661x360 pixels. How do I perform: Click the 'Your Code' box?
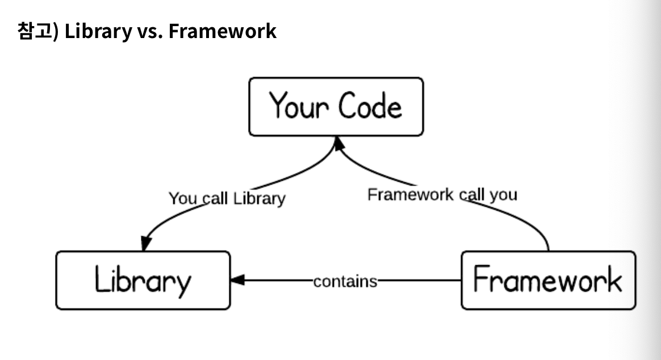coord(336,107)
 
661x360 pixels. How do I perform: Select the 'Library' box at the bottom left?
coord(143,281)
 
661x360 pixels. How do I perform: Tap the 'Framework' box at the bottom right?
coord(549,281)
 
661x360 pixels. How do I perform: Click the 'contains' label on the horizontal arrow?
coord(345,281)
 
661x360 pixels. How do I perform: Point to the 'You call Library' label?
coord(227,199)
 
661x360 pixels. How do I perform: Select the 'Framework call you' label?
coord(442,195)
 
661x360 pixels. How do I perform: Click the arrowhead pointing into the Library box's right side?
coord(237,280)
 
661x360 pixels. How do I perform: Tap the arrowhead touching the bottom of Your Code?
coord(338,143)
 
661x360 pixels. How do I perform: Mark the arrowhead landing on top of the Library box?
coord(146,244)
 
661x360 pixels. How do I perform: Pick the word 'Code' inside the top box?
coord(370,106)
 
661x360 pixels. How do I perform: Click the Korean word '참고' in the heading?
coord(35,30)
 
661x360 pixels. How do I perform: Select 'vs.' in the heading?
coord(150,31)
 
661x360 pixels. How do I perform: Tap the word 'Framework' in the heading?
coord(223,31)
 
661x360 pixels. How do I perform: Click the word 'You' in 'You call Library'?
coord(182,199)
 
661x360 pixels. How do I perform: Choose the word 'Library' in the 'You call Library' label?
coord(260,199)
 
